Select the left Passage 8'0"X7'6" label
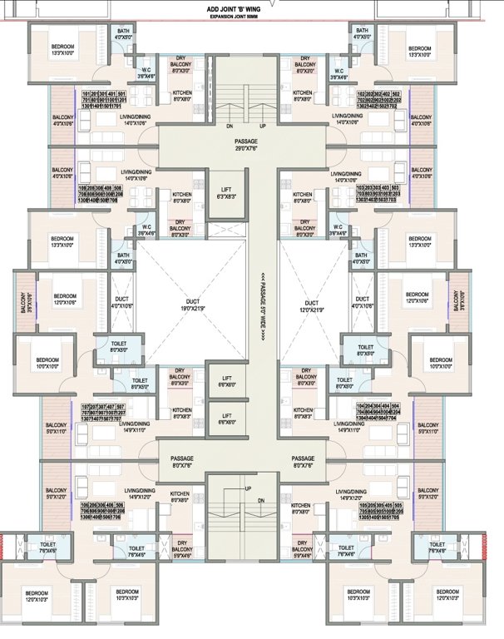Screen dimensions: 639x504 point(182,462)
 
